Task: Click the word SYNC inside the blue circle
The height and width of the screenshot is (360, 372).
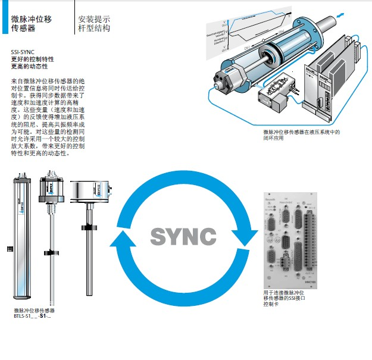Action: tap(183, 236)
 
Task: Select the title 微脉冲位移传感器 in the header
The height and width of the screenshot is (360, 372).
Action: tap(31, 23)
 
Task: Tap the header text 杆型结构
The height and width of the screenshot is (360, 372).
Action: tap(94, 29)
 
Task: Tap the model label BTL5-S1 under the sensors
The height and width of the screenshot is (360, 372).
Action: tap(33, 317)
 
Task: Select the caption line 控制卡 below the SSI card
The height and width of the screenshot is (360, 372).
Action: tap(271, 305)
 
